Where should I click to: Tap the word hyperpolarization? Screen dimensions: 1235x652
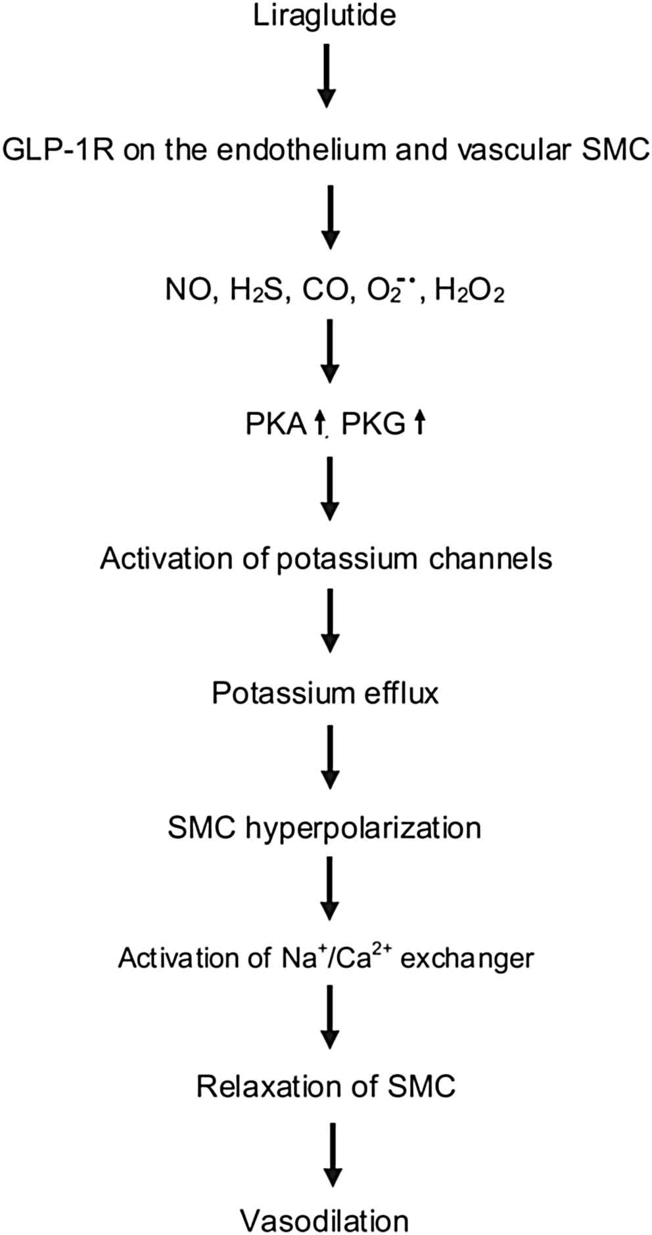pos(363,827)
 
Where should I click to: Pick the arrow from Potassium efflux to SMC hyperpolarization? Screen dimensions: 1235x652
pos(330,756)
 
